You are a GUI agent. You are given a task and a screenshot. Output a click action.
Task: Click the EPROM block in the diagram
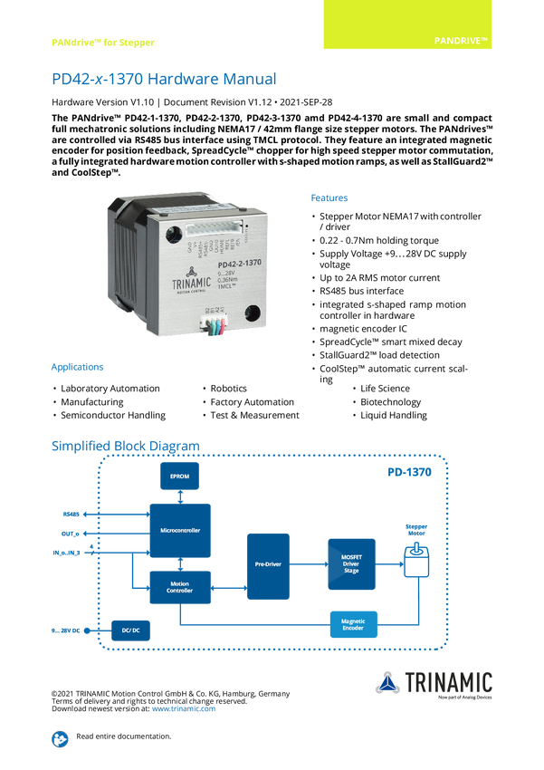179,477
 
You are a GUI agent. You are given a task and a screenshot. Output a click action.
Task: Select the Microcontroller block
179,530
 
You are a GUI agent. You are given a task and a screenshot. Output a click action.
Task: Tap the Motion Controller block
179,587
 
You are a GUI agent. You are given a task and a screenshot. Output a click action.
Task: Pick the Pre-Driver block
269,565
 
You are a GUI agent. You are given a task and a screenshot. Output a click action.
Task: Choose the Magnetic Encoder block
353,624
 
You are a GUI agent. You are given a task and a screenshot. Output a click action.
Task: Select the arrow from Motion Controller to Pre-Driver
229,588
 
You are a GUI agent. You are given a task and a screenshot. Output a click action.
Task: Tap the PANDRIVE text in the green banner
462,42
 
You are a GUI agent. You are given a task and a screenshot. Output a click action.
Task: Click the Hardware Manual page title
163,79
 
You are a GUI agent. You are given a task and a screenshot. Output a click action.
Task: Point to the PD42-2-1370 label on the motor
219,265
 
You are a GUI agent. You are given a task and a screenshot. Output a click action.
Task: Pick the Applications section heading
77,368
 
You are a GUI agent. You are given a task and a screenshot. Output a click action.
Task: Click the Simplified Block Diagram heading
125,445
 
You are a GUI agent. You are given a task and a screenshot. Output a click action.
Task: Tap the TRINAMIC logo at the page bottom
434,683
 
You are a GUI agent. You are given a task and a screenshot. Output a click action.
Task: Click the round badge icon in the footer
59,738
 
